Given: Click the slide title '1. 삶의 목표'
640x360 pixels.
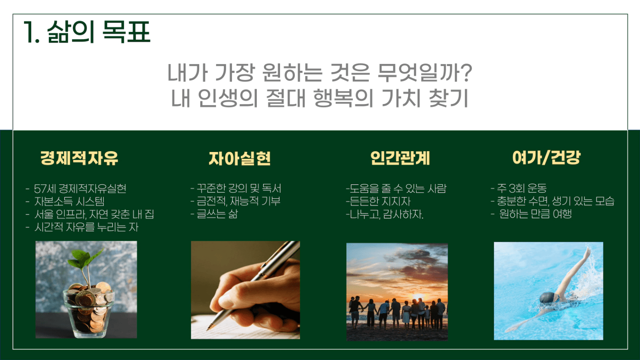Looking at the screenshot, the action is (87, 32).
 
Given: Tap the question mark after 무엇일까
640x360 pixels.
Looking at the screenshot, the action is (466, 72).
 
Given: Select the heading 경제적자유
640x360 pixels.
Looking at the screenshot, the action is (79, 158).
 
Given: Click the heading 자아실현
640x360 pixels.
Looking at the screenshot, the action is (240, 158).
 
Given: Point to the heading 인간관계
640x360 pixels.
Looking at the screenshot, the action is (400, 158).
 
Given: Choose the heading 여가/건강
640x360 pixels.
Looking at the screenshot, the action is (546, 158).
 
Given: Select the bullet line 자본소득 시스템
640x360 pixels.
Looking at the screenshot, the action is (69, 201).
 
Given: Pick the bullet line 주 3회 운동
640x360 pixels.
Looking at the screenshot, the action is (522, 189).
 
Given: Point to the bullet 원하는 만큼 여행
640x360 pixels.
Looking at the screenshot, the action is (535, 214).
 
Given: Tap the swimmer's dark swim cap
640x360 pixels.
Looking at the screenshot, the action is (547, 298).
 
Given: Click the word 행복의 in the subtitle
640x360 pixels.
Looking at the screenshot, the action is (343, 98).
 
